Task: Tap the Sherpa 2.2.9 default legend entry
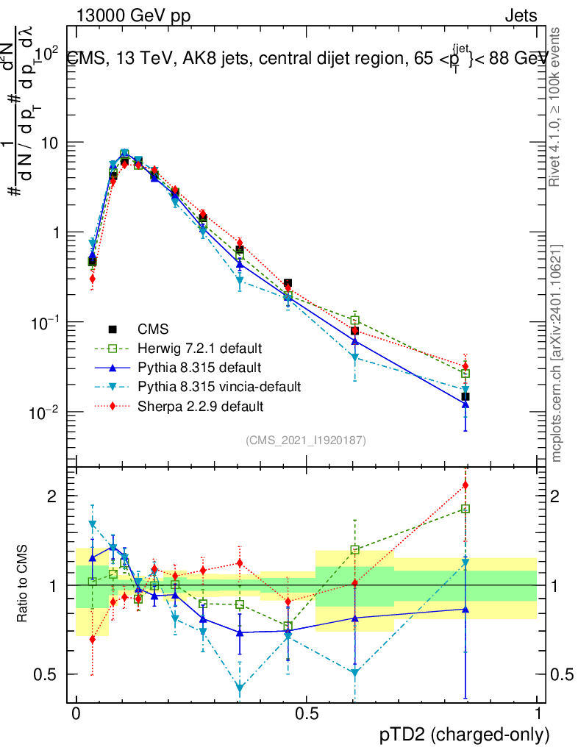[x=200, y=405]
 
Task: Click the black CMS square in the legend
[x=113, y=329]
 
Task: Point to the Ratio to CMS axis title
[x=24, y=584]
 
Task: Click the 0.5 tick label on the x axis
[x=306, y=713]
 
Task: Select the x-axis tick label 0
[x=76, y=713]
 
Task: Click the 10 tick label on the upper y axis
[x=51, y=142]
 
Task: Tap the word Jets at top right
[x=520, y=15]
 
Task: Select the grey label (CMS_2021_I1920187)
[x=306, y=440]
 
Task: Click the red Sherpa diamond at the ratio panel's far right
[x=465, y=485]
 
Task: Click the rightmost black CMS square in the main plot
[x=465, y=396]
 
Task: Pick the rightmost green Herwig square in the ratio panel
[x=465, y=508]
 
